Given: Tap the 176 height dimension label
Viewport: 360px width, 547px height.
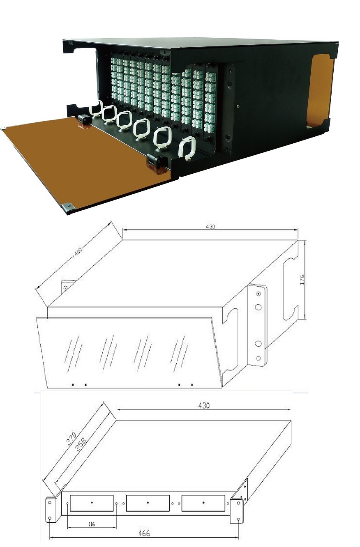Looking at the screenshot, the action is point(302,279).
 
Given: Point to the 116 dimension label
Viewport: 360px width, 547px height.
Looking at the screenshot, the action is point(91,524).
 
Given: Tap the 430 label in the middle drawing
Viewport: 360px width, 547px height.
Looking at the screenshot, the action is point(210,227).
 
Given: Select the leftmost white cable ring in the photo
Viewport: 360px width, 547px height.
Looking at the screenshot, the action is point(96,107).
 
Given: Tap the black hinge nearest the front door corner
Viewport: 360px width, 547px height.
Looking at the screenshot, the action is point(157,162).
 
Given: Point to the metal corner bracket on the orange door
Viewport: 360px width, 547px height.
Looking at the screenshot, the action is point(69,207).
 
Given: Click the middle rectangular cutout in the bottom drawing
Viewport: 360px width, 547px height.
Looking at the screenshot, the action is point(148,503).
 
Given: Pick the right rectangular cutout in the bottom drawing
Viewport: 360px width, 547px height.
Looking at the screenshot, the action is point(203,503).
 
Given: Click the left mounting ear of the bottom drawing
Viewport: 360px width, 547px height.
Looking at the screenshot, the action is point(51,509).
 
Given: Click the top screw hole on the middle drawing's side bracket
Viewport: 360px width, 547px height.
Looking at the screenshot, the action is point(258,294).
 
